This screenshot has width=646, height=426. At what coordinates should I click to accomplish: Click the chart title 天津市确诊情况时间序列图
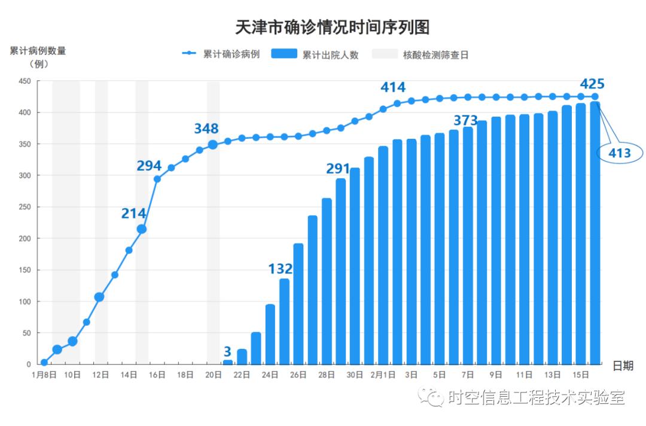(333, 28)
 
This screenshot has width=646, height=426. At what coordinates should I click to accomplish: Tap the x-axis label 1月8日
(44, 375)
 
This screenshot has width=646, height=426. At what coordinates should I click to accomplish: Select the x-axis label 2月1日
(382, 375)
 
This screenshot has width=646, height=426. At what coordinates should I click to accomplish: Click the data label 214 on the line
(133, 213)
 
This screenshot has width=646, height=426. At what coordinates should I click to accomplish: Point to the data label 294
(149, 166)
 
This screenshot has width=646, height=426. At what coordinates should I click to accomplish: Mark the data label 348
(206, 129)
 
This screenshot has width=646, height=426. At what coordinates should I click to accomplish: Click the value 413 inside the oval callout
(619, 154)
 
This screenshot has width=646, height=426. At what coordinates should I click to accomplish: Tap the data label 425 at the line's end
(592, 84)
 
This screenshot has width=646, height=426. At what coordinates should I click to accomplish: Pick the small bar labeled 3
(228, 362)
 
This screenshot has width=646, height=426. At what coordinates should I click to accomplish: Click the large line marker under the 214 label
(142, 229)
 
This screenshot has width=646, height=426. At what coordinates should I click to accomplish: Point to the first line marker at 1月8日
(44, 362)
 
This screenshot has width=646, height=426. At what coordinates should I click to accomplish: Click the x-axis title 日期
(623, 366)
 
